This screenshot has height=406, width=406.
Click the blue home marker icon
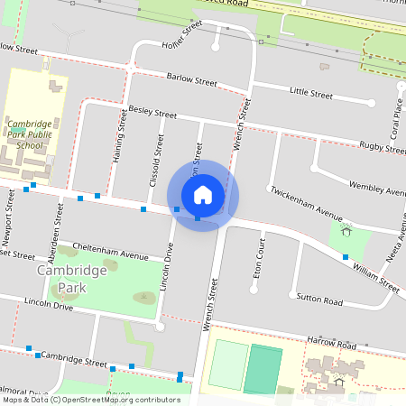[x=203, y=195]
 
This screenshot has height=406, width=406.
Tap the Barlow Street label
[x=192, y=79]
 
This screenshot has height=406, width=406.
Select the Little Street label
[x=311, y=92]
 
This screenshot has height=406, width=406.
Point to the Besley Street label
[x=153, y=113]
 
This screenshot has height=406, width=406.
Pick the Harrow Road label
[x=331, y=343]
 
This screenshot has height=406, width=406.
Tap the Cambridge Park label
[x=61, y=279]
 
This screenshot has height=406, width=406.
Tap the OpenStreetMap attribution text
[x=91, y=399]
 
